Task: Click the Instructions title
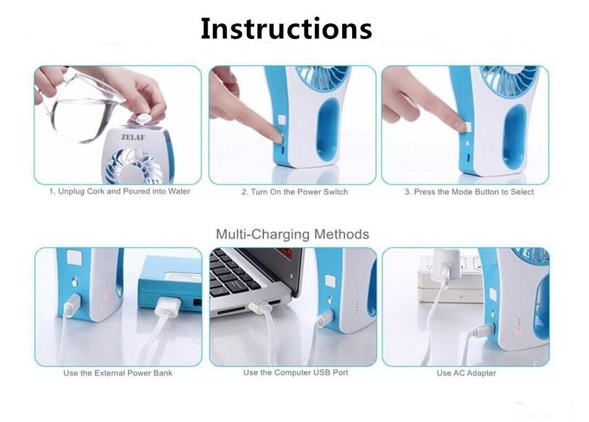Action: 286,29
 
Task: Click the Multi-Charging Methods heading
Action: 292,234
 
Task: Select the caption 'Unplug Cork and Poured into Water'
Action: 120,191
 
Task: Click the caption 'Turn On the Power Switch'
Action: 294,192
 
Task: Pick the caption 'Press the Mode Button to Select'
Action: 469,192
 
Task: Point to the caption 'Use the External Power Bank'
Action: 118,373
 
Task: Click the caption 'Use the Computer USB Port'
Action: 295,372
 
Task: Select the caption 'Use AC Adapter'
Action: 466,373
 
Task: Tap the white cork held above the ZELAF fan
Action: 143,119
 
